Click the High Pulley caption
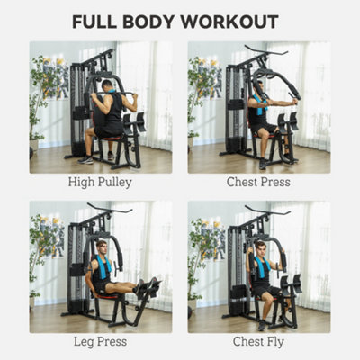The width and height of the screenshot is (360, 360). [x=99, y=182]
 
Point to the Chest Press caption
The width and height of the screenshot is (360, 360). [x=259, y=182]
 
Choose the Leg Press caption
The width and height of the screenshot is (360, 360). [x=99, y=343]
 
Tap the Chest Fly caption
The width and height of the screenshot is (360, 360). [x=259, y=343]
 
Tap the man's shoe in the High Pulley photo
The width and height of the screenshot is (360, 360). [x=85, y=159]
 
